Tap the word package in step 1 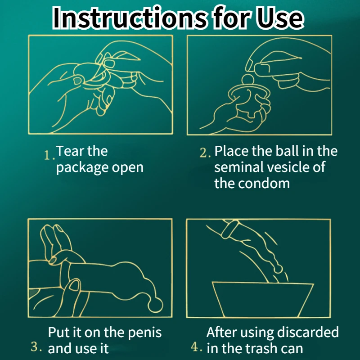82,168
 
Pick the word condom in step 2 264,184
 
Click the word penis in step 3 144,333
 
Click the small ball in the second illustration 248,80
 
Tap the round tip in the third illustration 155,305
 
